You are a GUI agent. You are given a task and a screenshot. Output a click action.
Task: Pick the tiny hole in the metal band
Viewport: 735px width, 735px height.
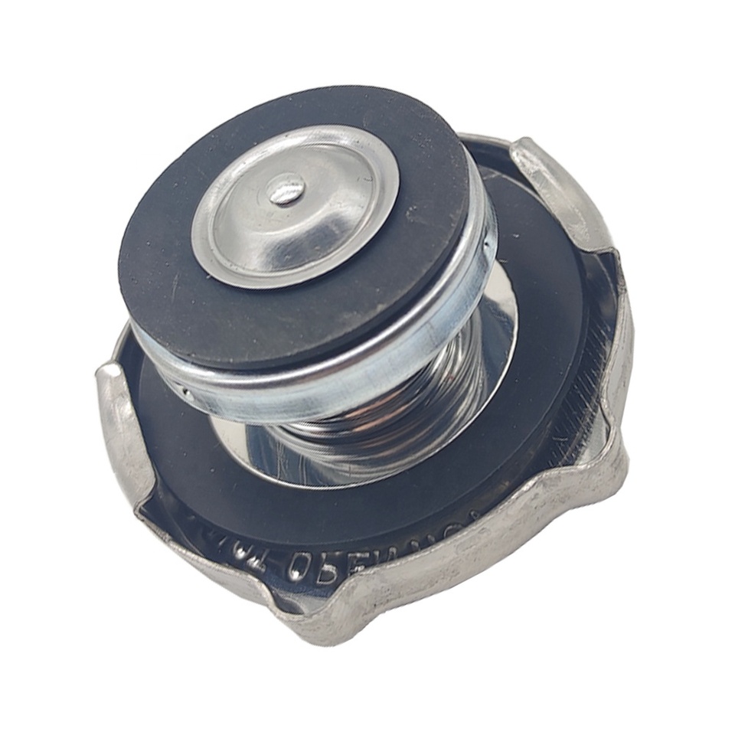[x=186, y=391]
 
